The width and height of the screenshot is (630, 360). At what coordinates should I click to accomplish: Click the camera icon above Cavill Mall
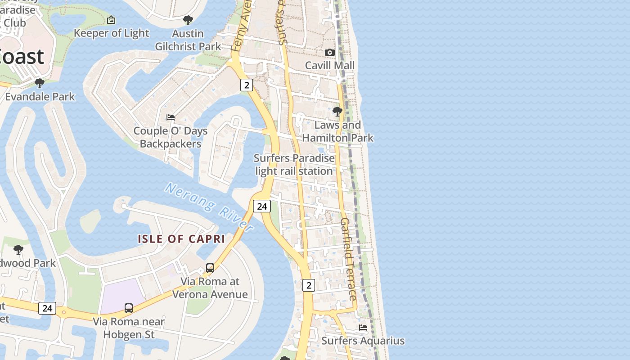click(330, 52)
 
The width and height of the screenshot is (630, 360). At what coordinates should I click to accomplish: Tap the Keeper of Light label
click(111, 33)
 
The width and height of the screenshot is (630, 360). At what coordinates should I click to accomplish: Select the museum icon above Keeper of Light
click(111, 20)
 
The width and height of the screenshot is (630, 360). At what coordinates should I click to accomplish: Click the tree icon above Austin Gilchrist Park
click(188, 20)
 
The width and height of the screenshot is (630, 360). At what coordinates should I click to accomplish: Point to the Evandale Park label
click(40, 97)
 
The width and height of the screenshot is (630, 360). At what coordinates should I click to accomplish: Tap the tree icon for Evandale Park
click(40, 83)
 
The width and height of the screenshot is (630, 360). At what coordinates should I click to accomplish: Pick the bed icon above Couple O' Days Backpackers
click(171, 117)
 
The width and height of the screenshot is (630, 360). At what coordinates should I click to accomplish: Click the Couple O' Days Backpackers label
click(171, 137)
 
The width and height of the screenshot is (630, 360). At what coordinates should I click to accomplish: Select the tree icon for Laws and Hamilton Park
click(337, 111)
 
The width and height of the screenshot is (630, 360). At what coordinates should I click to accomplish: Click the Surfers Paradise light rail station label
click(294, 165)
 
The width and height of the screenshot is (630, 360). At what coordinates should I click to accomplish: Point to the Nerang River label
click(209, 207)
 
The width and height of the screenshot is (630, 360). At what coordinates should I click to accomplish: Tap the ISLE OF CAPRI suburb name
click(181, 239)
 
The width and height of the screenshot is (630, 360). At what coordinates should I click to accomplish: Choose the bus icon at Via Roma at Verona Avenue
click(210, 268)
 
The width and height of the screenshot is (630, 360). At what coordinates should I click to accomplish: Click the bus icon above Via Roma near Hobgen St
click(129, 308)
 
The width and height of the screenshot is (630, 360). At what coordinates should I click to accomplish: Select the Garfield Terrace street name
click(349, 259)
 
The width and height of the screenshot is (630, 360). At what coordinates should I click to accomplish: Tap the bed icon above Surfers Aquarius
click(363, 328)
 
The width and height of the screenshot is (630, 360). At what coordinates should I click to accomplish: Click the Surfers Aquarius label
click(363, 341)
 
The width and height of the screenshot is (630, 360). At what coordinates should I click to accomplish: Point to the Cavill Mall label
click(330, 65)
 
